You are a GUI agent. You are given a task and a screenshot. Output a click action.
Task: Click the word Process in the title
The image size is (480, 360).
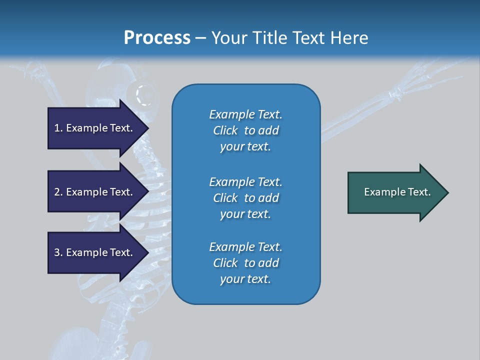click(157, 38)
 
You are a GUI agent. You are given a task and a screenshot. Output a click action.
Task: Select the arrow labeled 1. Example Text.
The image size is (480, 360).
click(95, 128)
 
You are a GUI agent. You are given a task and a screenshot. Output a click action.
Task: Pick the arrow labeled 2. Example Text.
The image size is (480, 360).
click(95, 192)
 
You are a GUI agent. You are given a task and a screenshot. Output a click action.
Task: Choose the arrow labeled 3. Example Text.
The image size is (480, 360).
click(95, 252)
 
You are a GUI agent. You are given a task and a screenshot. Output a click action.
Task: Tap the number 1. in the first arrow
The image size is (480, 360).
click(58, 128)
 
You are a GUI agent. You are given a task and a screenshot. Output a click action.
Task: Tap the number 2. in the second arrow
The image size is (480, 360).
click(58, 192)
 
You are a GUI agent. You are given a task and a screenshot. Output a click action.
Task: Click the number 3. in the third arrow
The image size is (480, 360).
click(58, 252)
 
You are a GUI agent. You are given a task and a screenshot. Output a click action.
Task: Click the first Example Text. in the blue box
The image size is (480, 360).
click(245, 114)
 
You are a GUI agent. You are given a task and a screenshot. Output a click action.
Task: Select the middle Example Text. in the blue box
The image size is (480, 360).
click(245, 181)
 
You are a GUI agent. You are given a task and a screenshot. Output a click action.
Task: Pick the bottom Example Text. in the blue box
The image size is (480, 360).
click(245, 247)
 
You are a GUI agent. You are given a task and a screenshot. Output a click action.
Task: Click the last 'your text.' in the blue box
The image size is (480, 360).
click(245, 279)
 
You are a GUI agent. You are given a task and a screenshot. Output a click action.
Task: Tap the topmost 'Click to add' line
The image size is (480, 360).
click(245, 130)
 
